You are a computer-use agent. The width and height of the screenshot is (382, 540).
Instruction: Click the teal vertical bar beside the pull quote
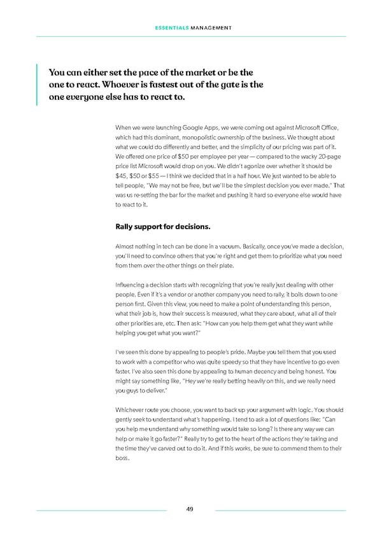tap(38, 84)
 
